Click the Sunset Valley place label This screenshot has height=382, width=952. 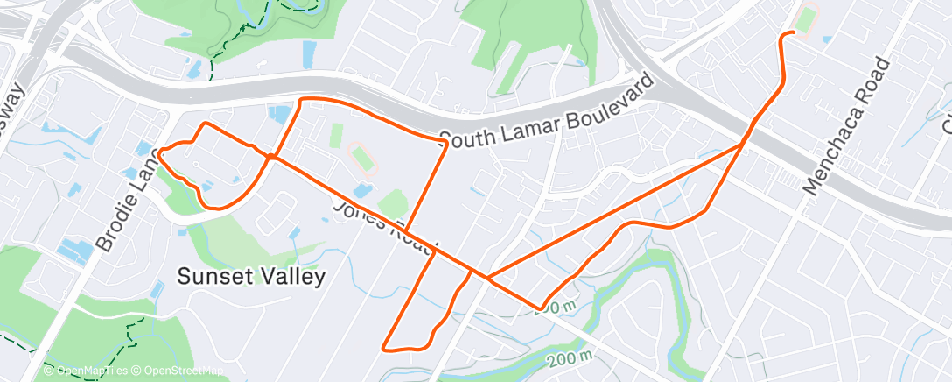pyautogui.click(x=251, y=277)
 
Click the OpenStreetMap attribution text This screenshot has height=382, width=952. pyautogui.click(x=180, y=371)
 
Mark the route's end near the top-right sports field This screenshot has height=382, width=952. pyautogui.click(x=792, y=32)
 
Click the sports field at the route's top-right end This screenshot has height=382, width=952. pyautogui.click(x=804, y=20)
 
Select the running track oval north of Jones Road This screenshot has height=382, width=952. pyautogui.click(x=363, y=159)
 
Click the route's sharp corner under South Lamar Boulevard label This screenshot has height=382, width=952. pyautogui.click(x=446, y=143)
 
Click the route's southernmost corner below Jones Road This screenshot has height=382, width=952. pyautogui.click(x=385, y=348)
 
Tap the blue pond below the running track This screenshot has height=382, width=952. pyautogui.click(x=362, y=189)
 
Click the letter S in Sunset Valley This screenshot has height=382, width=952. pyautogui.click(x=184, y=277)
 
